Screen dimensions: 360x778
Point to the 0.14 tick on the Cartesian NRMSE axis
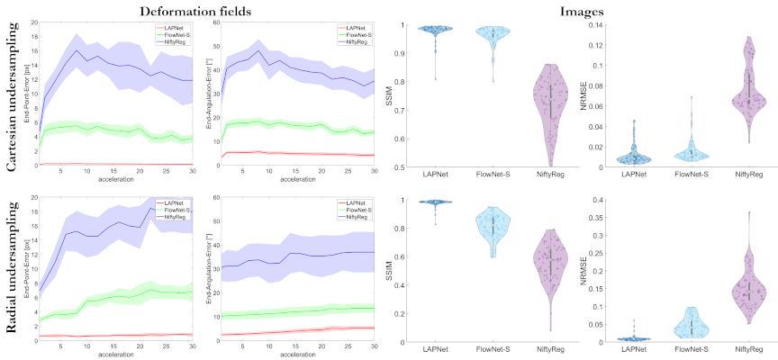coord(590,26)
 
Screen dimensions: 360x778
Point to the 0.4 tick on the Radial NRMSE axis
coord(592,200)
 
